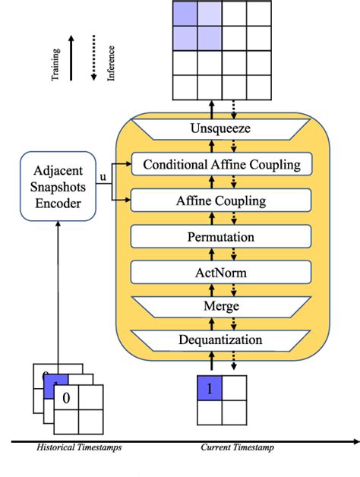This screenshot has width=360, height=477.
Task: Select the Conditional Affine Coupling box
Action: click(222, 164)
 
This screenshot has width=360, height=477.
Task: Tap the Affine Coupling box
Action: click(222, 201)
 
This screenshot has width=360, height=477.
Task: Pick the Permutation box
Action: click(222, 237)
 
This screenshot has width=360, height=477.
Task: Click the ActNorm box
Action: click(222, 271)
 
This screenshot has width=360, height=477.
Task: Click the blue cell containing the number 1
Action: click(210, 388)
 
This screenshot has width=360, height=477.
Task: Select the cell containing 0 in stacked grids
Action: click(66, 397)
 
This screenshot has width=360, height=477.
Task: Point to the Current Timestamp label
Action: click(237, 448)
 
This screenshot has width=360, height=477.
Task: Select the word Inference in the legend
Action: click(112, 65)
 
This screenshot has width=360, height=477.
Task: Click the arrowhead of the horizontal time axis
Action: click(354, 439)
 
